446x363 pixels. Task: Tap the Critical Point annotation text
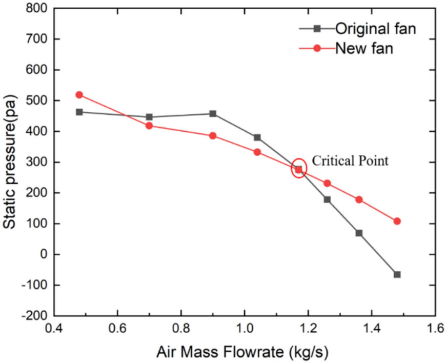point(351,160)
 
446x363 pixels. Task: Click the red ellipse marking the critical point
point(299,169)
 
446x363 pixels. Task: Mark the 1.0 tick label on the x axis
point(244,329)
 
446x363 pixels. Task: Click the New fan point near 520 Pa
point(79,95)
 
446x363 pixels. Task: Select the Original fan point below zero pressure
point(397,274)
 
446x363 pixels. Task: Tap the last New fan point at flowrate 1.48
point(397,221)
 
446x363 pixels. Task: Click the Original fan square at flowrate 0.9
point(213,114)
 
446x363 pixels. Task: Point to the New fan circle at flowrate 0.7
point(149,126)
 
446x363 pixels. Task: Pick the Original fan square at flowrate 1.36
point(359,233)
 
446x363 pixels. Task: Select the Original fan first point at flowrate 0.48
point(79,112)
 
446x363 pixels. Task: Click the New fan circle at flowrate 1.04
point(257,152)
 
